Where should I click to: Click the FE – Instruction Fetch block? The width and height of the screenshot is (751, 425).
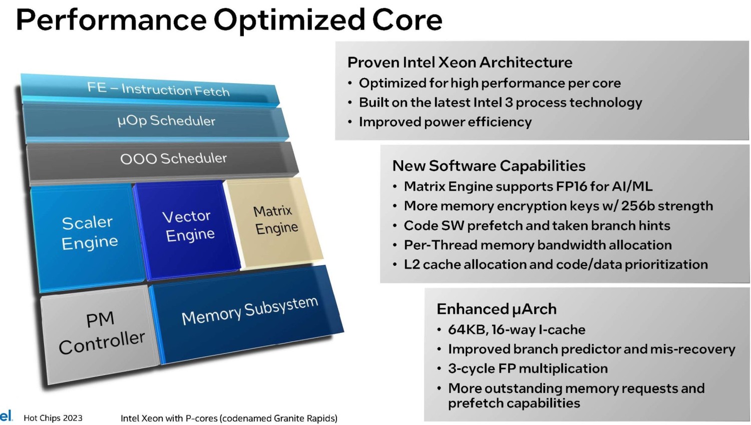tap(150, 90)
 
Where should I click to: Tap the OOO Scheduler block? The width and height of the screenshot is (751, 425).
tap(163, 161)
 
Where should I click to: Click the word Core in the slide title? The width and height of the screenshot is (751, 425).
tap(407, 20)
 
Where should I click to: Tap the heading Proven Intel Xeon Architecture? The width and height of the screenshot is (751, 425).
tap(460, 63)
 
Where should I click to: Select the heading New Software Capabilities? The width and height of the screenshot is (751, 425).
tap(489, 166)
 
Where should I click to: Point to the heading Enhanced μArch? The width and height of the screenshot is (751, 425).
tap(496, 309)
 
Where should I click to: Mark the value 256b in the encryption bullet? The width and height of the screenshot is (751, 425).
tap(638, 206)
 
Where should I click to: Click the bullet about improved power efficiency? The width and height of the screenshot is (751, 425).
tap(445, 122)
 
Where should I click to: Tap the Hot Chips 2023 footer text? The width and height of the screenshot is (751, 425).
tap(53, 418)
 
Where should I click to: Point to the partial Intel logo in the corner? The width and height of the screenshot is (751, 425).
tap(6, 415)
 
